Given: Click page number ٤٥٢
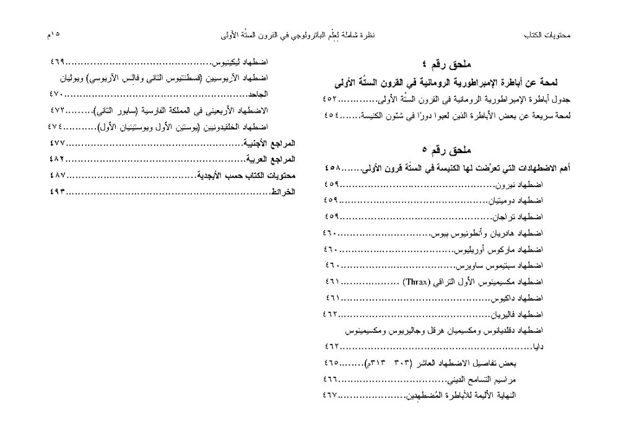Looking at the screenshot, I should pos(331,99).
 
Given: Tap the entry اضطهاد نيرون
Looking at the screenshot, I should pos(519,185).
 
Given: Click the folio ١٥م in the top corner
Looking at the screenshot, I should pos(53,35).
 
